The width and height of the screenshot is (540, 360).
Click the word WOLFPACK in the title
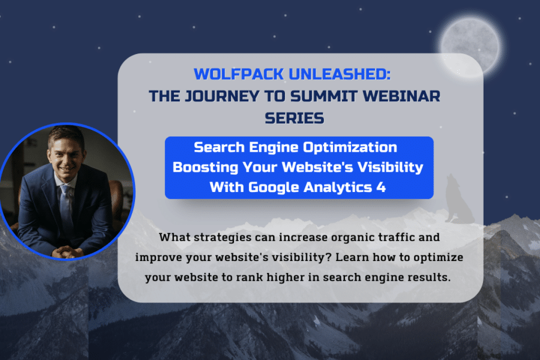click(239, 74)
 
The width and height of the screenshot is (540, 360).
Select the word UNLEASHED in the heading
click(339, 74)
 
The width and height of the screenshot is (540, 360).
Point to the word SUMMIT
click(323, 96)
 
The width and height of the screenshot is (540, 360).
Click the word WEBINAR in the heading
click(401, 96)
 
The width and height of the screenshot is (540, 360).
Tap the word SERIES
click(295, 118)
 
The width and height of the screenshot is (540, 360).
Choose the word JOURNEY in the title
click(222, 97)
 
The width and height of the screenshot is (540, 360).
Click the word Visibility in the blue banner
click(390, 167)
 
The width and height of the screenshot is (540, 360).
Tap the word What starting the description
click(174, 237)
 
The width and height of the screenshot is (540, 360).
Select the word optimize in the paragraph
click(439, 257)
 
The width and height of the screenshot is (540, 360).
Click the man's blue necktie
click(66, 206)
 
